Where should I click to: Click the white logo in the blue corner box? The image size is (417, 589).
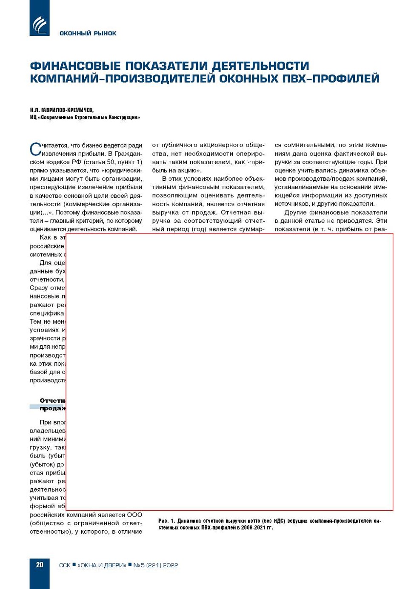[x=40, y=25]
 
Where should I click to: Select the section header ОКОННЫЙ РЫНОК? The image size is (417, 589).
[x=88, y=33]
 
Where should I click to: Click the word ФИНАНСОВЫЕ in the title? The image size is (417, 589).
[x=75, y=66]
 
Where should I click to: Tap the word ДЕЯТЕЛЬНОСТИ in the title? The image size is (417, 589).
[x=260, y=66]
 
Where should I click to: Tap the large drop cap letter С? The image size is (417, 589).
[x=35, y=149]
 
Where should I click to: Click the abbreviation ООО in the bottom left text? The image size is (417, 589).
[x=134, y=515]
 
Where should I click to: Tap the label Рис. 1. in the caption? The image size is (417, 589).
[x=167, y=521]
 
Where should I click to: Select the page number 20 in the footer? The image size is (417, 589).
[x=40, y=565]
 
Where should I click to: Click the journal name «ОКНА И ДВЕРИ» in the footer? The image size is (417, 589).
[x=102, y=565]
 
